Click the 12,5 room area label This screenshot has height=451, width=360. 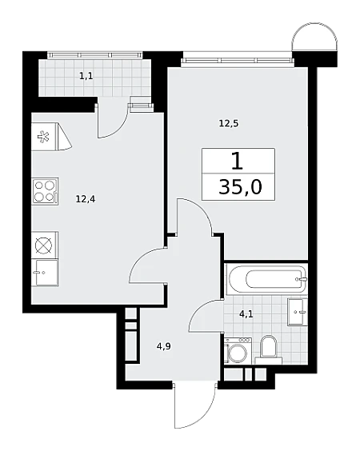point(229,124)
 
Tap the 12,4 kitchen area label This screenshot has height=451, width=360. point(86,199)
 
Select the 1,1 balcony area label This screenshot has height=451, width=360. point(86,76)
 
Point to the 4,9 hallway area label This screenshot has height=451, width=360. point(164,346)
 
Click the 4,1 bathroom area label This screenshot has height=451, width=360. point(246,313)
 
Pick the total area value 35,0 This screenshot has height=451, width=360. point(240,187)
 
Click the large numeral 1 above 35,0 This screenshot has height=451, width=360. point(238,162)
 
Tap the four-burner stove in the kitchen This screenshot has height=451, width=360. point(46,191)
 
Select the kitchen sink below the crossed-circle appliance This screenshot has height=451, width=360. point(47,273)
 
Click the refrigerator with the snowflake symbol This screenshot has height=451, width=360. point(50,137)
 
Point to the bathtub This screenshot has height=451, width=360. point(266,279)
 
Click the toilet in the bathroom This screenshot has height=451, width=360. point(268,349)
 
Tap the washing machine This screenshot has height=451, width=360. point(238,350)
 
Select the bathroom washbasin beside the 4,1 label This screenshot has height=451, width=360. point(298,312)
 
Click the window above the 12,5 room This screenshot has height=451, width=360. point(238,61)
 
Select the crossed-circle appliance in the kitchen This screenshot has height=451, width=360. point(45,245)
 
